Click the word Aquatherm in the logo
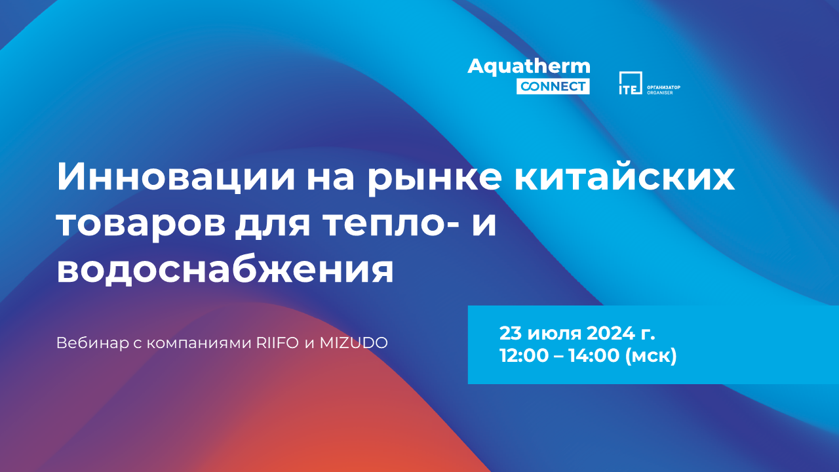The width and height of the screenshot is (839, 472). click(529, 67)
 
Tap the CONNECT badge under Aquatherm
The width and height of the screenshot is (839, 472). click(553, 86)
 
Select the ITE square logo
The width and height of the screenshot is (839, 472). click(631, 83)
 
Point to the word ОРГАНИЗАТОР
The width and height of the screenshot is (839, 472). click(664, 87)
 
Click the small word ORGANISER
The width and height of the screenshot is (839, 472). click(660, 92)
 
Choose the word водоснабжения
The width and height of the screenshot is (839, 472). click(225, 269)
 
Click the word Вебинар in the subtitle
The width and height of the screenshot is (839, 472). click(92, 343)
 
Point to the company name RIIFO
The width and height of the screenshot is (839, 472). click(277, 343)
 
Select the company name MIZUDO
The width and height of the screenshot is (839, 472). click(353, 343)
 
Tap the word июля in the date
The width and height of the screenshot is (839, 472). click(555, 333)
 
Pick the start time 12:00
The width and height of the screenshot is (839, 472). click(524, 355)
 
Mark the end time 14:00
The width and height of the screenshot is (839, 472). click(594, 355)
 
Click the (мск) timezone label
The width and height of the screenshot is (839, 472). click(651, 356)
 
